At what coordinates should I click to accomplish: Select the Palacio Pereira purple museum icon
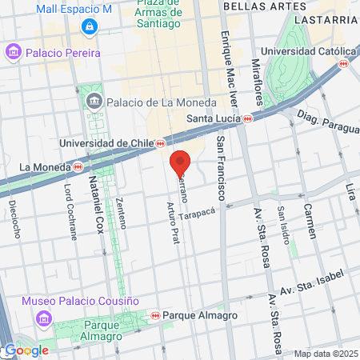(x=13, y=53)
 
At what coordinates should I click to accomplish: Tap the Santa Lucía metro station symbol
(x=248, y=118)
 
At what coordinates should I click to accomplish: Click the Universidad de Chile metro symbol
(x=162, y=143)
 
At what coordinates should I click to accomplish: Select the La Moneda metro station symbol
(x=78, y=167)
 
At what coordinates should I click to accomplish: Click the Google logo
(x=26, y=350)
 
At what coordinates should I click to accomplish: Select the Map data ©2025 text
(x=325, y=354)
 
